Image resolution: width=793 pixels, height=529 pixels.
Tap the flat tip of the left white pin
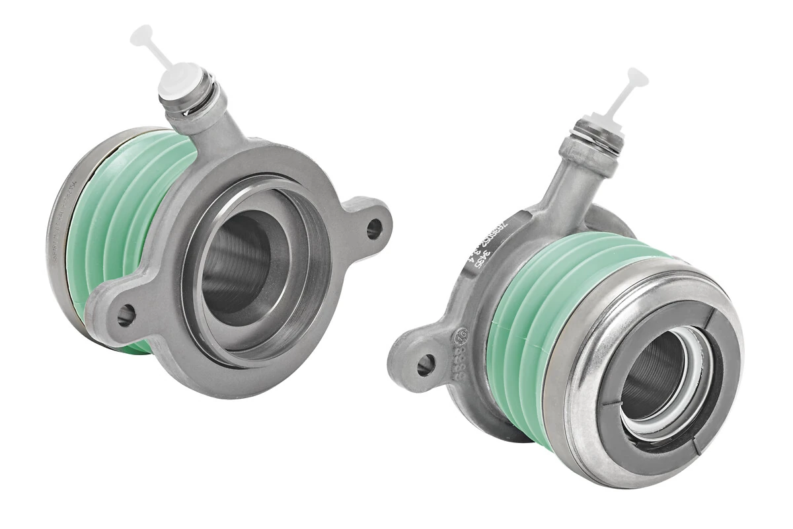141,35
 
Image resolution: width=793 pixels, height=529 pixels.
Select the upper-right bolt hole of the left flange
373,229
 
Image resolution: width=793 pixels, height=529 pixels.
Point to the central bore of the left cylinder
238,264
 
